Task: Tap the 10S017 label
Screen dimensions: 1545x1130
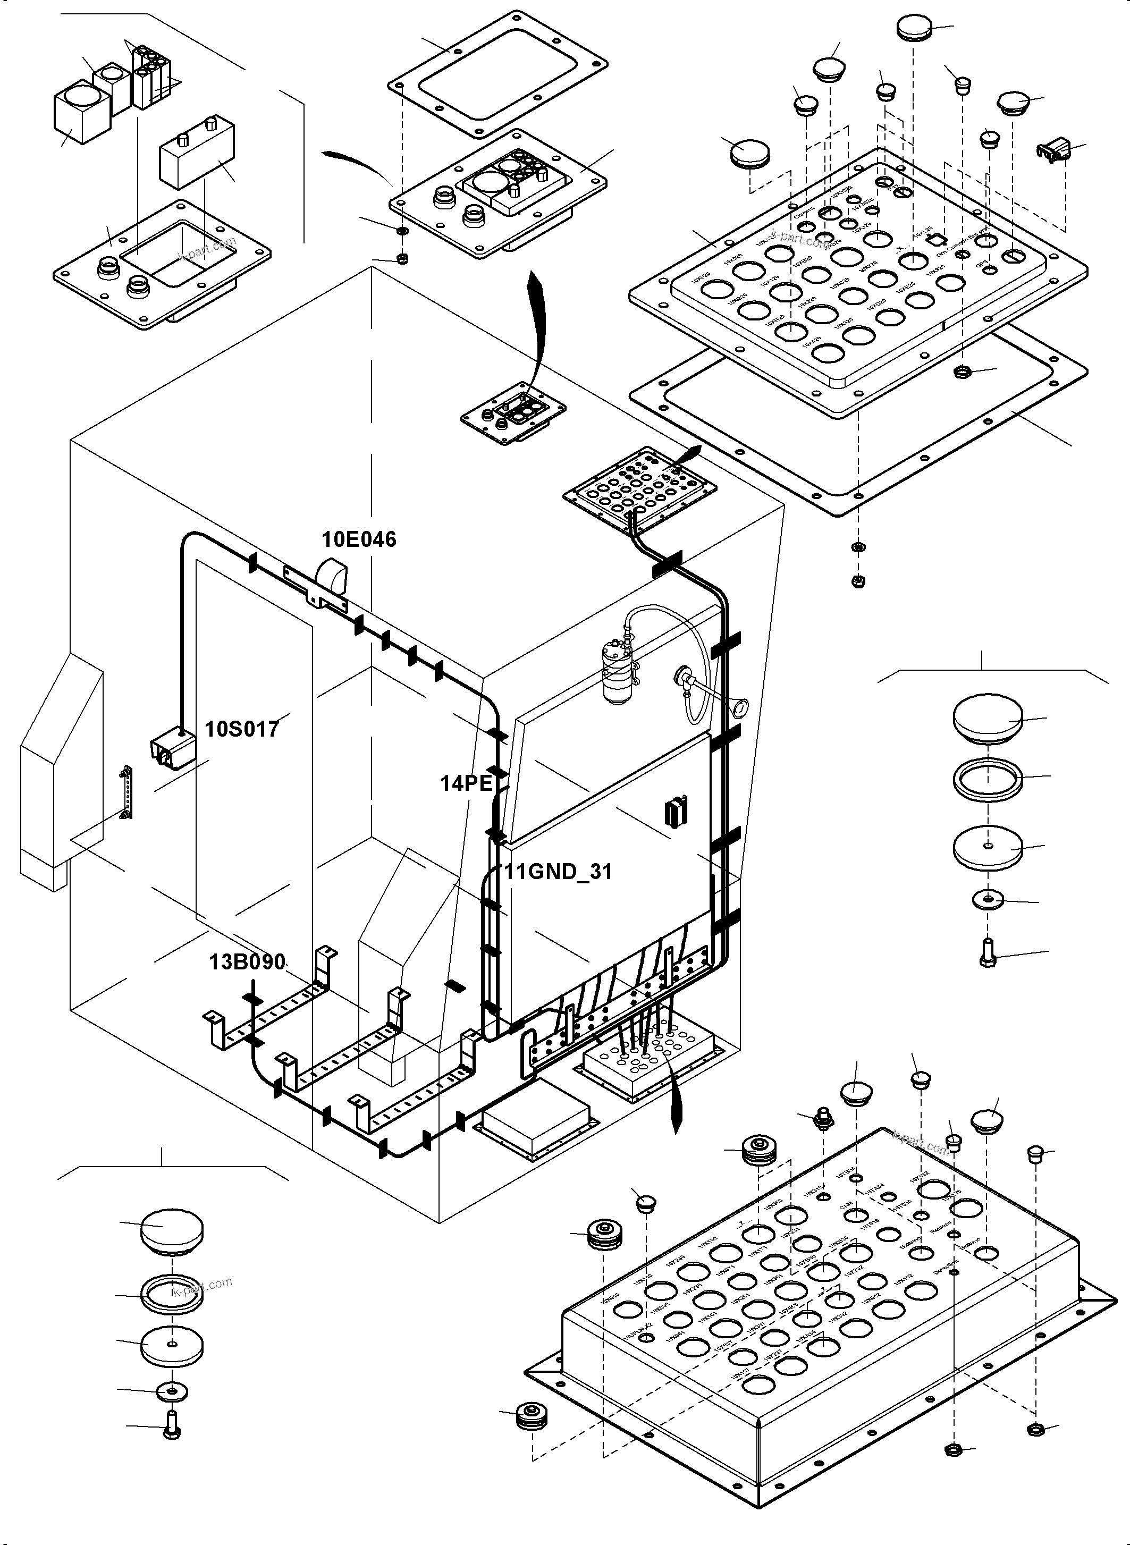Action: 242,729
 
